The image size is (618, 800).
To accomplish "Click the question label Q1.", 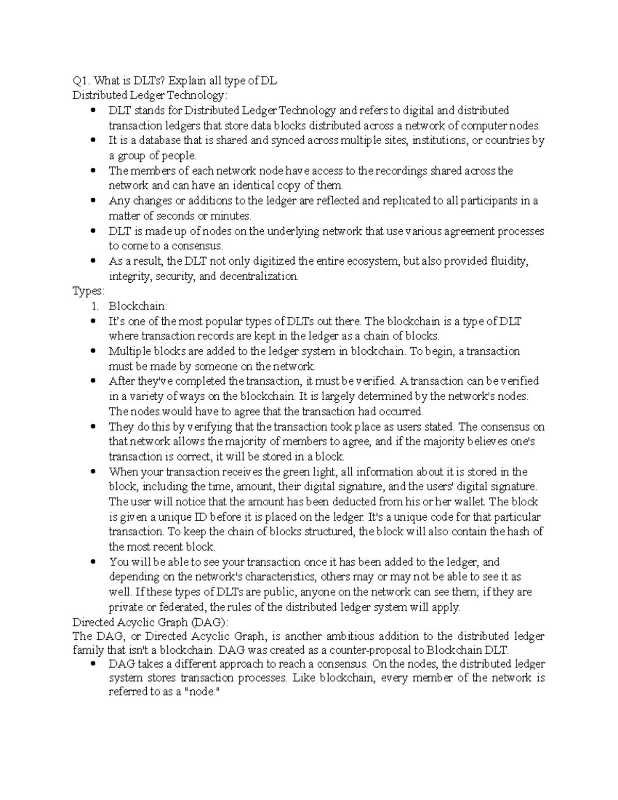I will click(80, 80).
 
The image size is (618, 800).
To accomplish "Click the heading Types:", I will click(88, 292).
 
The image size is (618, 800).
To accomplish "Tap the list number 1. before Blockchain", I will click(95, 307).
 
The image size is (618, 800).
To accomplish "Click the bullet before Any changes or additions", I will click(93, 201).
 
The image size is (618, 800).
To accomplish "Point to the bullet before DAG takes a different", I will click(93, 665).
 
